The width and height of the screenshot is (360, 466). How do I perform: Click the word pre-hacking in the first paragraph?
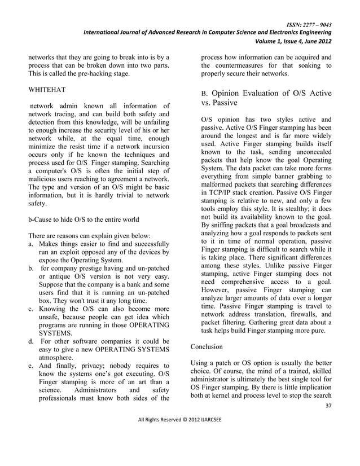click(95, 75)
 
